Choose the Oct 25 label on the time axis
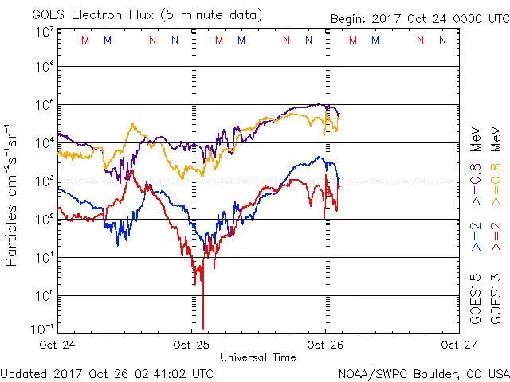(191, 345)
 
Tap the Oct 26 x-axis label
(324, 345)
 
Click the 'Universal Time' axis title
(257, 357)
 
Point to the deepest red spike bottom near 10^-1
(203, 327)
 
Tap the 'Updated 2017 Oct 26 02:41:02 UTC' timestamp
(107, 372)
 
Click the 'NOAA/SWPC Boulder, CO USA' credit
(423, 372)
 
